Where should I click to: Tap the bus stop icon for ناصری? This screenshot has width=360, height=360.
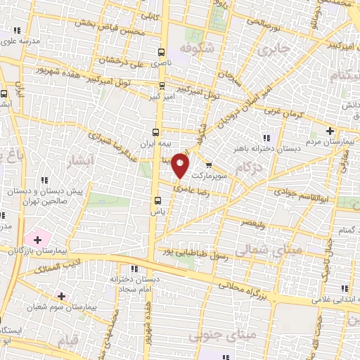(x=162, y=52)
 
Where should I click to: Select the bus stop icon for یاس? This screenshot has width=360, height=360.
(x=157, y=200)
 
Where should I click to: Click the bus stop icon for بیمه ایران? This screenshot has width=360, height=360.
(x=156, y=131)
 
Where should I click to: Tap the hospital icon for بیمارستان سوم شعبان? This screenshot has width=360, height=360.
(x=61, y=296)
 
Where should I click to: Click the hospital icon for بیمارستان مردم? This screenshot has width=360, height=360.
(x=330, y=130)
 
